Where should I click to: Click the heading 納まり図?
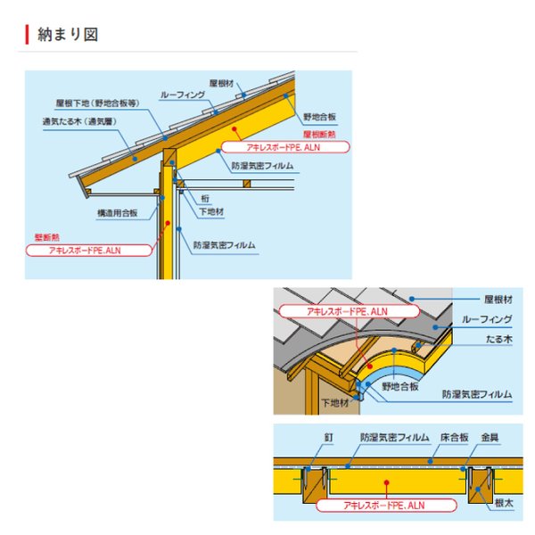coord(68,35)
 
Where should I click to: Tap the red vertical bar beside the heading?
coord(27,35)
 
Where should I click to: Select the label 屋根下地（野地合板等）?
coord(97,103)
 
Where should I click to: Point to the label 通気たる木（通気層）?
coord(79,121)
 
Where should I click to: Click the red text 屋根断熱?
coord(319,134)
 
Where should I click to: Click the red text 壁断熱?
coord(47,237)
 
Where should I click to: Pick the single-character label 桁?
coord(205,199)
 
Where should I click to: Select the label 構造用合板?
coord(118,213)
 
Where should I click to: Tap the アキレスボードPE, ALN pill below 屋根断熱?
coord(285,147)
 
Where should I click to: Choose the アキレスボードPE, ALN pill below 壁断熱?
coord(88,251)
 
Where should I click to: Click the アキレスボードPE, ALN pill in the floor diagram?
coord(386,506)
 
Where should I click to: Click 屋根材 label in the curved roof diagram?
coord(498,300)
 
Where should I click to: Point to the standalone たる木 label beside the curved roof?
coord(498,339)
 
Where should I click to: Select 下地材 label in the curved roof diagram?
coord(335,403)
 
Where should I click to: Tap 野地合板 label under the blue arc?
coord(400,387)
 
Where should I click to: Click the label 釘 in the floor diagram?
coord(328,438)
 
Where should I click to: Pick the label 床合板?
coord(454,438)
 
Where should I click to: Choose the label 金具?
coord(490,438)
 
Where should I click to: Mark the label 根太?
coord(504,503)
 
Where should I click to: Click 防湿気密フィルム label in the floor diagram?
coord(395,438)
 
